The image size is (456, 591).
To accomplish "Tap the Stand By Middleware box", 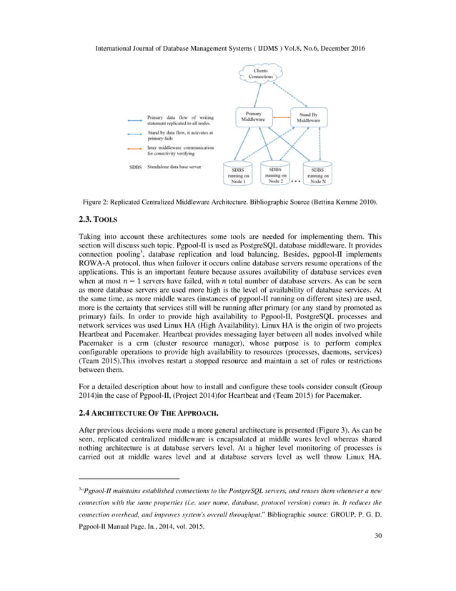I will (x=309, y=117).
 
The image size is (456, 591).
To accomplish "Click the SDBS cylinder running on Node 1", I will (x=238, y=174).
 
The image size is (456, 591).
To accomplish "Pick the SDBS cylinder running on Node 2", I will (x=276, y=174).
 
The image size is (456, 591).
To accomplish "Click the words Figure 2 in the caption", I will (x=96, y=202).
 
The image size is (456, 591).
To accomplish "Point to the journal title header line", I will (x=228, y=47).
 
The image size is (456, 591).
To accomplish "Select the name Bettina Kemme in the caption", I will (x=336, y=202).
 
